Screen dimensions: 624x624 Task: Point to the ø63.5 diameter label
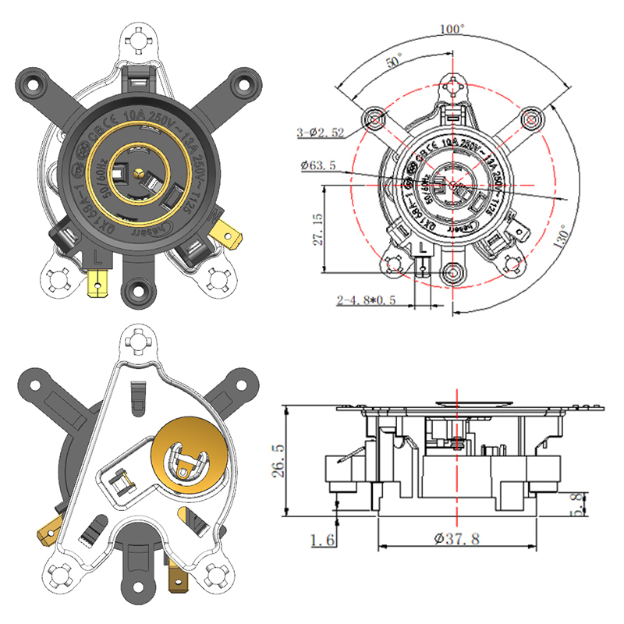[318, 165]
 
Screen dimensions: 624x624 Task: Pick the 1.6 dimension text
[321, 538]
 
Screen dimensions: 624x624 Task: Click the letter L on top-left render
[95, 253]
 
